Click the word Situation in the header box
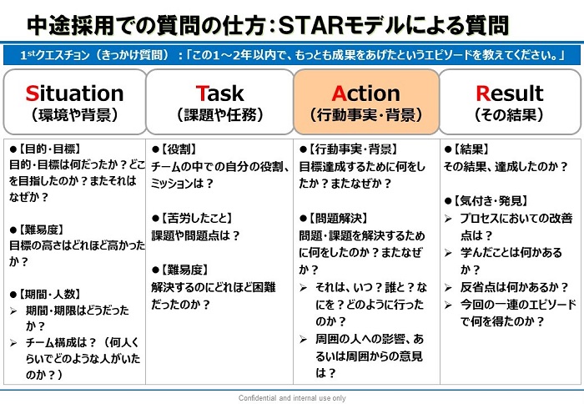(74, 93)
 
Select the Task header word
(219, 93)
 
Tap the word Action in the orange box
(365, 93)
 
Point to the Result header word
(510, 93)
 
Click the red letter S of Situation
(32, 93)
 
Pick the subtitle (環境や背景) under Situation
(74, 115)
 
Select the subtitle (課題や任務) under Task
(220, 115)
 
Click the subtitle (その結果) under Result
(510, 115)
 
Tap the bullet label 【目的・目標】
(48, 149)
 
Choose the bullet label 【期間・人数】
(48, 294)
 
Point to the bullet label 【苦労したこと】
(196, 219)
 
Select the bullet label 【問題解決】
(338, 219)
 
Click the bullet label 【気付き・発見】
(491, 201)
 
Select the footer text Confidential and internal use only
(292, 398)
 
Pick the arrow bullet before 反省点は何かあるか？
(448, 288)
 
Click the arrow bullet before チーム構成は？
(13, 343)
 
